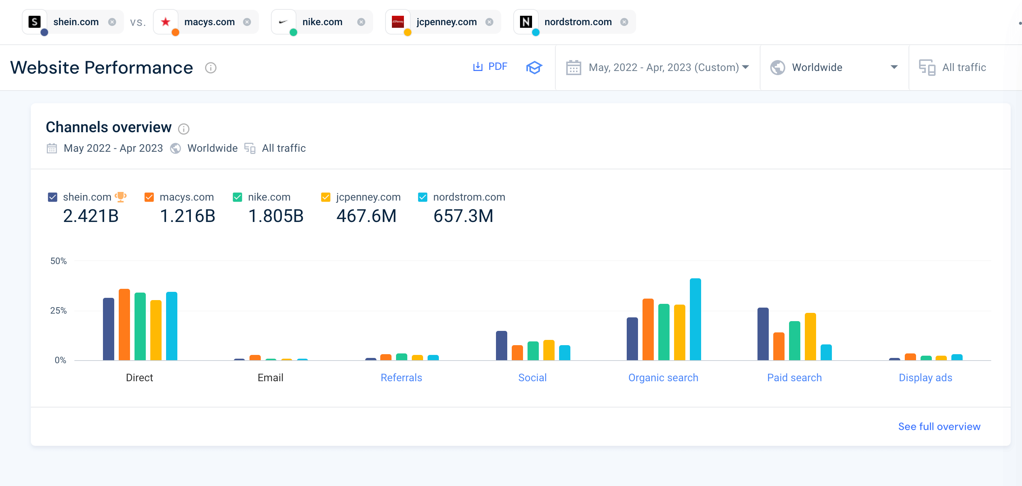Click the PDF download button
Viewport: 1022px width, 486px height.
point(490,66)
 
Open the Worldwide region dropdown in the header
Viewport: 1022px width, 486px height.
point(833,68)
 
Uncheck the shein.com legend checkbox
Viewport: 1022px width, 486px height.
point(52,197)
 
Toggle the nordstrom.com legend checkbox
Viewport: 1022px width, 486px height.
point(423,197)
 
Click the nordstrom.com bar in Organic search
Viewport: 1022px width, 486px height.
point(695,319)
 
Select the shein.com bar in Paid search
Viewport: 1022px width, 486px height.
point(762,334)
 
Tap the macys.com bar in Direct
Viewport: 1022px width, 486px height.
point(124,325)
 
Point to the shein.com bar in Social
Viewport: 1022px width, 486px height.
point(502,346)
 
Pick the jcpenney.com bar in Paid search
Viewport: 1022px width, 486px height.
point(810,337)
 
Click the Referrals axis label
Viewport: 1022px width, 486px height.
point(401,377)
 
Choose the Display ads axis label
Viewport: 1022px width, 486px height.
point(925,377)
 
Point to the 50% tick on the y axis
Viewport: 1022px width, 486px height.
point(58,261)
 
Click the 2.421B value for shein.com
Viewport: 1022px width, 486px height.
point(91,216)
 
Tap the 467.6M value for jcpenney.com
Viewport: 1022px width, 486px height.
point(366,216)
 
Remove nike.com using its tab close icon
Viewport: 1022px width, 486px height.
point(361,22)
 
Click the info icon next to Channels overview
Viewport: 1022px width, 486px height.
point(183,128)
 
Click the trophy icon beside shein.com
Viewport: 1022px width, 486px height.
point(121,197)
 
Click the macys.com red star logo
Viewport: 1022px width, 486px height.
point(165,22)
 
